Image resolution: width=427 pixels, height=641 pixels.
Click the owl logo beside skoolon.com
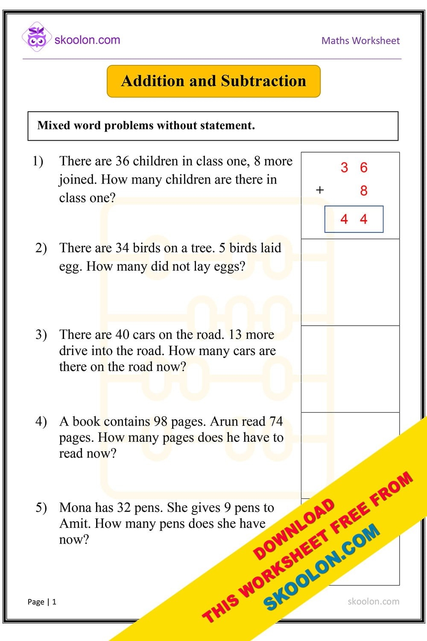point(36,37)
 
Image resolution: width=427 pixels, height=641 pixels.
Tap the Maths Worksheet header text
point(360,41)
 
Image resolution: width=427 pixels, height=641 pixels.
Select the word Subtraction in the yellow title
point(263,81)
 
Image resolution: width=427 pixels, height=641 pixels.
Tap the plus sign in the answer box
point(320,190)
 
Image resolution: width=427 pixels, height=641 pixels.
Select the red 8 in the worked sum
point(363,191)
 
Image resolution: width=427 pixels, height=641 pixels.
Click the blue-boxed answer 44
point(354,219)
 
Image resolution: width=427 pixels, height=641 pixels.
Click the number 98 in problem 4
point(161,421)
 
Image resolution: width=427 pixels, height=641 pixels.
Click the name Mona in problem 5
point(75,508)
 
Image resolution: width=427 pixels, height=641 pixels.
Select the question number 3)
point(41,335)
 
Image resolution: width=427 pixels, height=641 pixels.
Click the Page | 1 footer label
point(42,602)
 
